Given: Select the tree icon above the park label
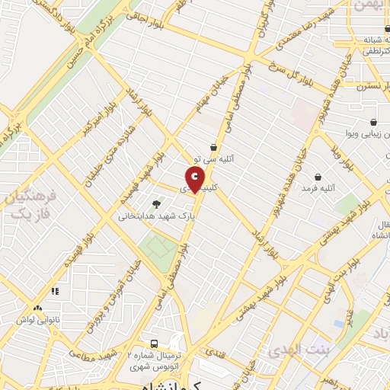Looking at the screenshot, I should tap(157, 203).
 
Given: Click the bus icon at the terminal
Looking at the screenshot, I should tap(154, 344).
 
